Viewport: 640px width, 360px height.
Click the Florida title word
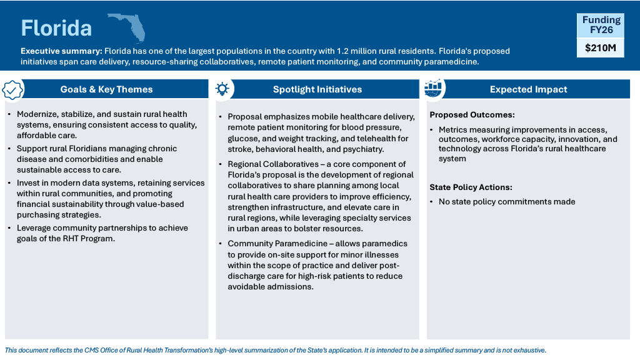pyautogui.click(x=56, y=27)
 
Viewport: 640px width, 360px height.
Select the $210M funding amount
pyautogui.click(x=600, y=47)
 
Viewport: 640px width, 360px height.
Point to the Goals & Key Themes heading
pyautogui.click(x=106, y=89)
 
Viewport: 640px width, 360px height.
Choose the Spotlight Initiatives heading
pyautogui.click(x=317, y=89)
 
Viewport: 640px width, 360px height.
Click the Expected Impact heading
pyautogui.click(x=528, y=89)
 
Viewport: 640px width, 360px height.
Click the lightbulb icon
pyautogui.click(x=222, y=89)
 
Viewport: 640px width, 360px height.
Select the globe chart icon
pyautogui.click(x=433, y=89)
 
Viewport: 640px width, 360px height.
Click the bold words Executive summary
pyautogui.click(x=61, y=51)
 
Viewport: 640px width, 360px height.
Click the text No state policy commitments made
pyautogui.click(x=507, y=201)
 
